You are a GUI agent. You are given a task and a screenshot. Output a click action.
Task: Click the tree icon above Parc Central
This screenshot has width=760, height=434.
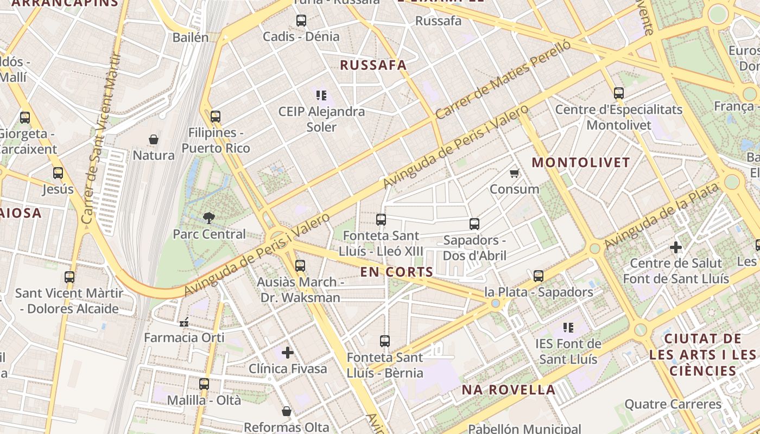click(208, 218)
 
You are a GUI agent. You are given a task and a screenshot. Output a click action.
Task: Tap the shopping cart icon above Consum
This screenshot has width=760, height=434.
click(514, 173)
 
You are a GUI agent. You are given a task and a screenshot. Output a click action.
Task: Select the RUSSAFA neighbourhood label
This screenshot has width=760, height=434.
click(373, 65)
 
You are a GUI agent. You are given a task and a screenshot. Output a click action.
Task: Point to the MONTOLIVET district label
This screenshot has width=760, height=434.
click(581, 162)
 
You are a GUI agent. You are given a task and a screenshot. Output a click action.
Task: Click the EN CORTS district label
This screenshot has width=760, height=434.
click(397, 272)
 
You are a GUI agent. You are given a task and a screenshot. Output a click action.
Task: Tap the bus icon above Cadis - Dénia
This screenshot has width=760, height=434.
click(301, 21)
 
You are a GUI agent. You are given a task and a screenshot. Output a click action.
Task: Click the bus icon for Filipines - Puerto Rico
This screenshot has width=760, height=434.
click(216, 116)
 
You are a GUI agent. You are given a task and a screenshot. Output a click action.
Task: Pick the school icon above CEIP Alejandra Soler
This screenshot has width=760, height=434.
click(321, 95)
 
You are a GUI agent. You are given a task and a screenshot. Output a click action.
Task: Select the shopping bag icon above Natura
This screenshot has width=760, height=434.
click(154, 139)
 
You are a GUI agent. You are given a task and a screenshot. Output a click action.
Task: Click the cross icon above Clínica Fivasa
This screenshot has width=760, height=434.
click(288, 353)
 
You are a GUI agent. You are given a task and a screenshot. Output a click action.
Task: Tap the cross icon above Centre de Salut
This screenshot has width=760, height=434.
click(676, 247)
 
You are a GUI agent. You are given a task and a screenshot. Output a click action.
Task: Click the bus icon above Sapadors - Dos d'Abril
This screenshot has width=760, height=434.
click(474, 224)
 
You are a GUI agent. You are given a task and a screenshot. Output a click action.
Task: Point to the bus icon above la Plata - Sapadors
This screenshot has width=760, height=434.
click(539, 276)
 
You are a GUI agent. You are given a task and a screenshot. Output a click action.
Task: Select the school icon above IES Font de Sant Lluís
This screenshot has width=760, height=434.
click(568, 327)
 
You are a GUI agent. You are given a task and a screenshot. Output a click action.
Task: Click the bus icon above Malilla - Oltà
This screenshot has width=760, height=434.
click(204, 384)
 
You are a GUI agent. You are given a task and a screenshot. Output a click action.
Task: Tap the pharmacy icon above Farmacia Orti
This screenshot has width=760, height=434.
click(184, 322)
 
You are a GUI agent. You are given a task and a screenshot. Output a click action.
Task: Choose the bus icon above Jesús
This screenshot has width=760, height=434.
click(58, 173)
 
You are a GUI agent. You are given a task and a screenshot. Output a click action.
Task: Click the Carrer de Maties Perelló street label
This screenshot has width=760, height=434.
click(503, 80)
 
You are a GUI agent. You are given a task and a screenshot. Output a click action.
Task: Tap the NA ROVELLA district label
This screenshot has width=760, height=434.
click(509, 390)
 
